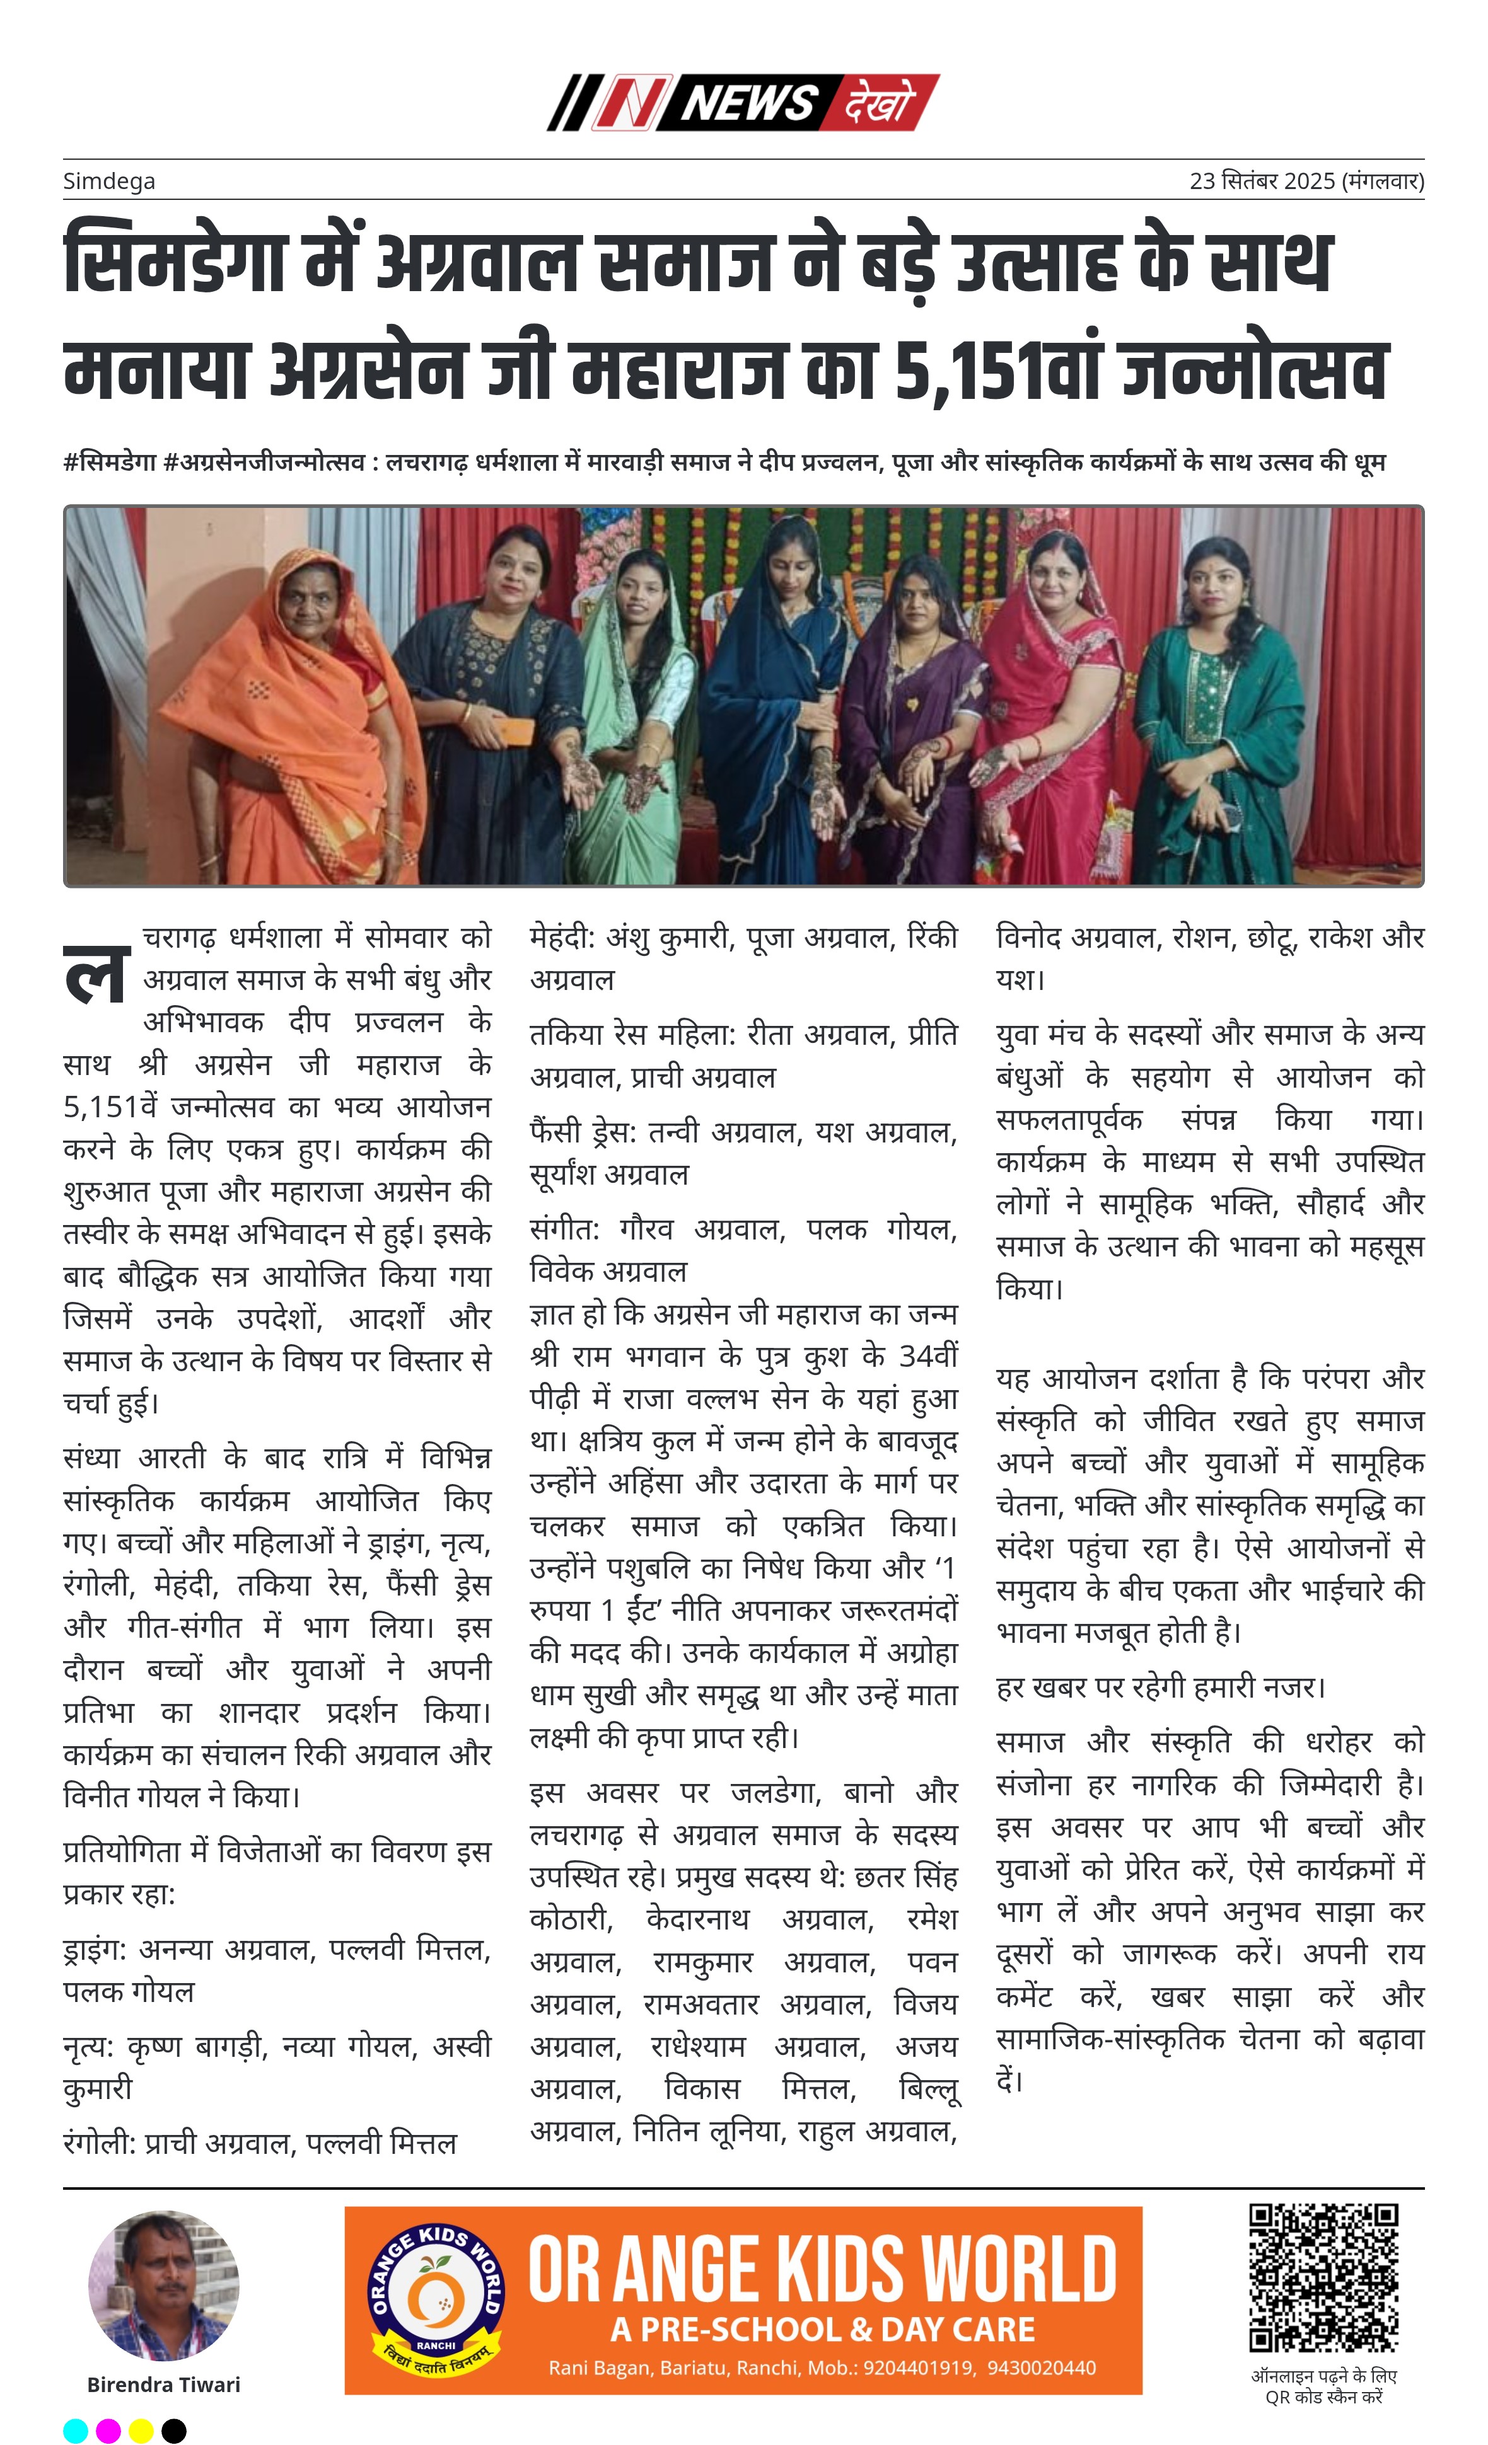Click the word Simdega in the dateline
[x=109, y=181]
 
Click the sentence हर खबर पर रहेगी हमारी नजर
[x=1160, y=1687]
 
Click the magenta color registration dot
[x=108, y=2430]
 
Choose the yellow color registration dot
[x=141, y=2430]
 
